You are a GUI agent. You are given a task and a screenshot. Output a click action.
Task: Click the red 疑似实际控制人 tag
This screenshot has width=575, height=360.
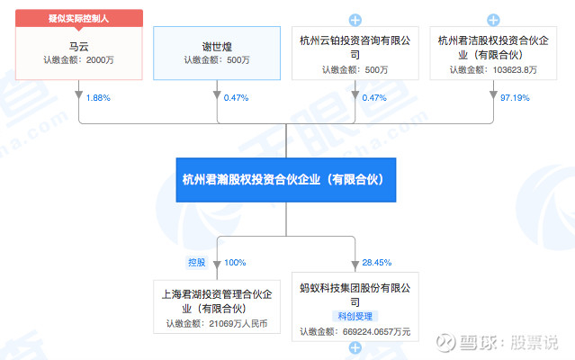tap(79, 18)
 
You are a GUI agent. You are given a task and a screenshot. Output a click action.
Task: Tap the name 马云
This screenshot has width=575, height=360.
tap(79, 42)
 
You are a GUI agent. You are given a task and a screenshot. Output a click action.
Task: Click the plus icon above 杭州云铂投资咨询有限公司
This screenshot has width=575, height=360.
tap(355, 19)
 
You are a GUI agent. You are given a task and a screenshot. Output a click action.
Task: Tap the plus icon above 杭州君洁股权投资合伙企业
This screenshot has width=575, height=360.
tap(492, 19)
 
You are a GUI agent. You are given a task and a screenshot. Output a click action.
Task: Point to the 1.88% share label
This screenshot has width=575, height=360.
tap(98, 97)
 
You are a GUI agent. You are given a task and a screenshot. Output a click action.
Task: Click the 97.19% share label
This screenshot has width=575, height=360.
tap(516, 97)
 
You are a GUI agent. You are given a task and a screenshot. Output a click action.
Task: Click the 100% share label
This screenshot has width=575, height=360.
tap(235, 262)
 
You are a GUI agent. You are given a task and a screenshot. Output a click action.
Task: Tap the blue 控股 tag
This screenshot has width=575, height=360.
tap(197, 262)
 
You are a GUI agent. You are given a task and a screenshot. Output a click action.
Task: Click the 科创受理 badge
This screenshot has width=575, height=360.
tap(355, 316)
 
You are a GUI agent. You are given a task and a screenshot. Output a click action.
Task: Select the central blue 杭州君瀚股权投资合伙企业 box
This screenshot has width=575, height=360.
tap(286, 179)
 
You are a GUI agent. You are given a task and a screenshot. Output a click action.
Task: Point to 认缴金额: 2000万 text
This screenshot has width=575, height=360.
tap(79, 59)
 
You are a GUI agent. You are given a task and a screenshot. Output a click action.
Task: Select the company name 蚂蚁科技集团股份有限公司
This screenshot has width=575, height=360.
tap(355, 290)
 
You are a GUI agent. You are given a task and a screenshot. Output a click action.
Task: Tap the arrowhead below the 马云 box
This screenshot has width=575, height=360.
tap(79, 94)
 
